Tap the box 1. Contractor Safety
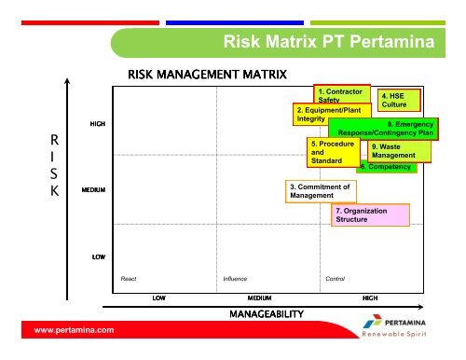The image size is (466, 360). [x=339, y=94]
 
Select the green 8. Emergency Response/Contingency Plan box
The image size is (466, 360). [x=384, y=129]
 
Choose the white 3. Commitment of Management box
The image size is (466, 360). [x=321, y=191]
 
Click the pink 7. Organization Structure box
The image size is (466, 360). [x=370, y=216]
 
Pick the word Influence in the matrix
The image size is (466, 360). [x=235, y=278]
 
